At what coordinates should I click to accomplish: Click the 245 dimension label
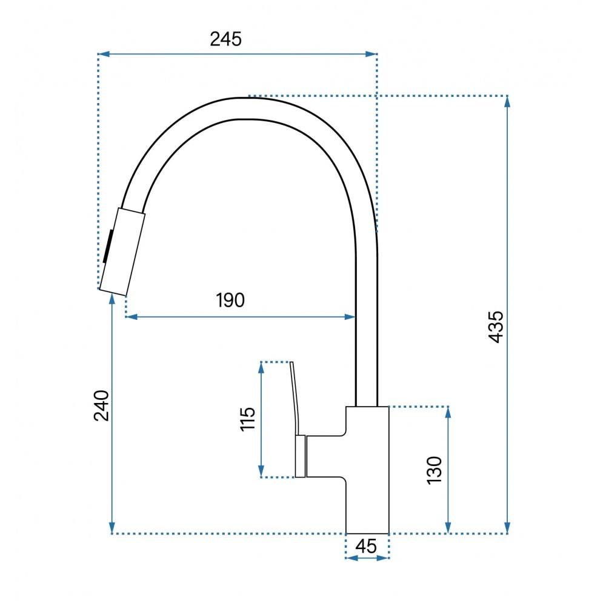225,39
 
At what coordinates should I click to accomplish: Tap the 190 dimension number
230,301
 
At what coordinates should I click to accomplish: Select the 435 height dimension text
496,327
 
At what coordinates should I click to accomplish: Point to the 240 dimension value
102,405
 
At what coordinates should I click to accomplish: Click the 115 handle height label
248,419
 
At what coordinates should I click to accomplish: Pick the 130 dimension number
434,470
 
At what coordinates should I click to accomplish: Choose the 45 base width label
365,546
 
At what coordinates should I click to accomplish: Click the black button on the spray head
108,246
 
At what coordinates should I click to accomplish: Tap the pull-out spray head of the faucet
122,251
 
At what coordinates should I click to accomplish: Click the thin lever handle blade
295,398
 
